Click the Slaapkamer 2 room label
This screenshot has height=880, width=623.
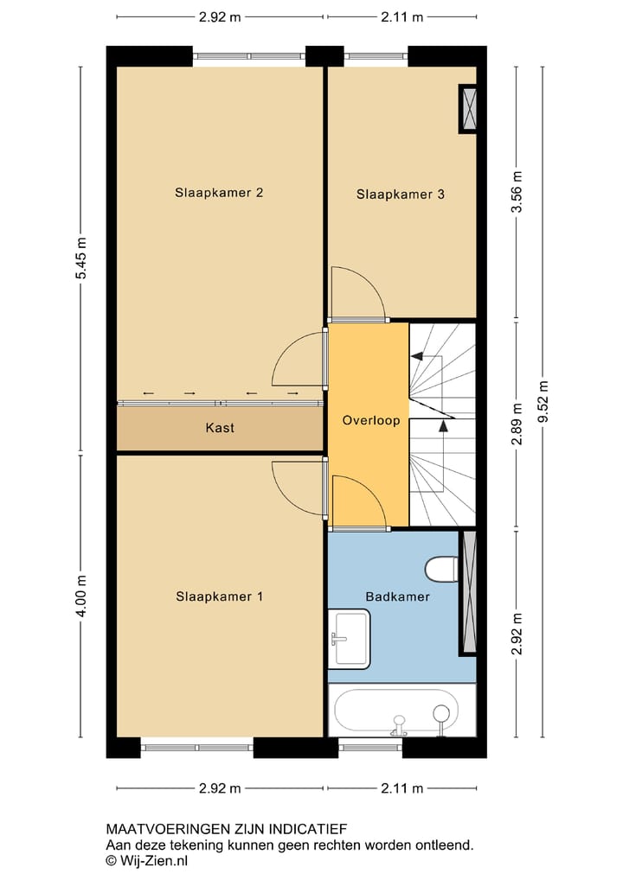click(x=219, y=193)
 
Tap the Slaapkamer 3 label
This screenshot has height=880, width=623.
click(x=401, y=194)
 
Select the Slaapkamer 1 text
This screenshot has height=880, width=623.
click(x=220, y=596)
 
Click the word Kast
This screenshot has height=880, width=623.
click(x=220, y=428)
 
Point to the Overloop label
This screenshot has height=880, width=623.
click(x=370, y=421)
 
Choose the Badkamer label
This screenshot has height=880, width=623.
click(x=397, y=596)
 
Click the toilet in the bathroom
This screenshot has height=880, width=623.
click(x=442, y=569)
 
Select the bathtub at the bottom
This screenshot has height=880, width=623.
click(x=402, y=711)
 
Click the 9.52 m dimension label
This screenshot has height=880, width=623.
click(x=543, y=402)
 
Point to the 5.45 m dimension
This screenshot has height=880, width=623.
click(x=81, y=258)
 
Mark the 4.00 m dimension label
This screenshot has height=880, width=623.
click(x=81, y=596)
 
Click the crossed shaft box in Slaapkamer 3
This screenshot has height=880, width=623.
click(x=468, y=109)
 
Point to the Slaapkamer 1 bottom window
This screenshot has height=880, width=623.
click(x=197, y=747)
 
